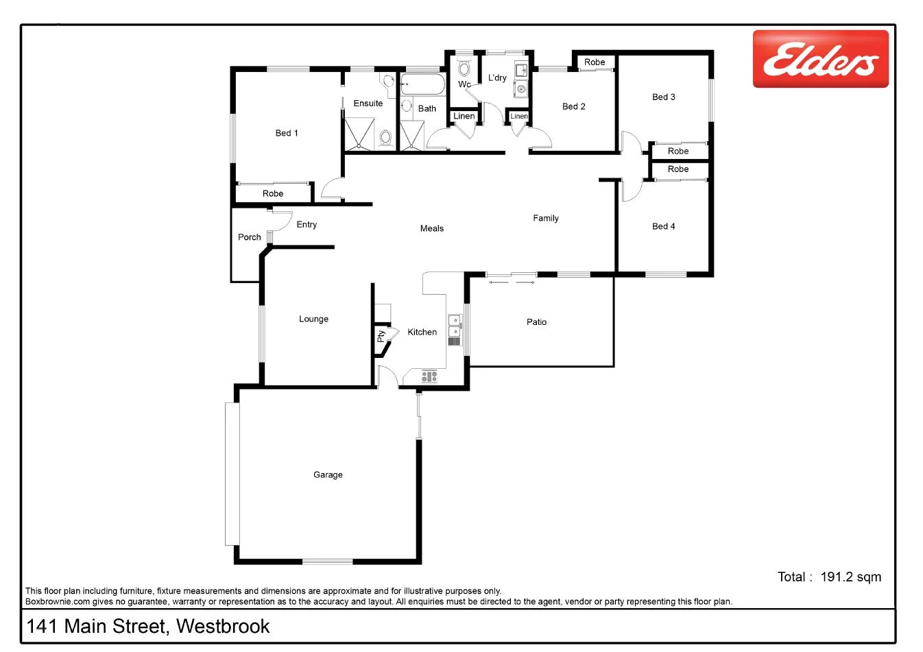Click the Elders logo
click(820, 59)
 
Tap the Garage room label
click(328, 474)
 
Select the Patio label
click(536, 322)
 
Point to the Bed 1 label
click(287, 133)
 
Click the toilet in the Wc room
click(464, 69)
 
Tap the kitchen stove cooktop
click(429, 376)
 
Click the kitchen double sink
click(454, 326)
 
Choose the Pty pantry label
click(381, 337)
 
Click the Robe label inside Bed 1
click(273, 193)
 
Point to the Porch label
click(250, 237)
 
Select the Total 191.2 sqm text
click(829, 577)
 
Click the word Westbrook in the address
click(223, 626)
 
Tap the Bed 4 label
click(663, 226)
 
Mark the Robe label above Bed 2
click(595, 62)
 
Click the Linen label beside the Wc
click(464, 116)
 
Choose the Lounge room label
click(313, 319)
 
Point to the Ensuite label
click(368, 104)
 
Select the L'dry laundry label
click(497, 78)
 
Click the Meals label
click(432, 228)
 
